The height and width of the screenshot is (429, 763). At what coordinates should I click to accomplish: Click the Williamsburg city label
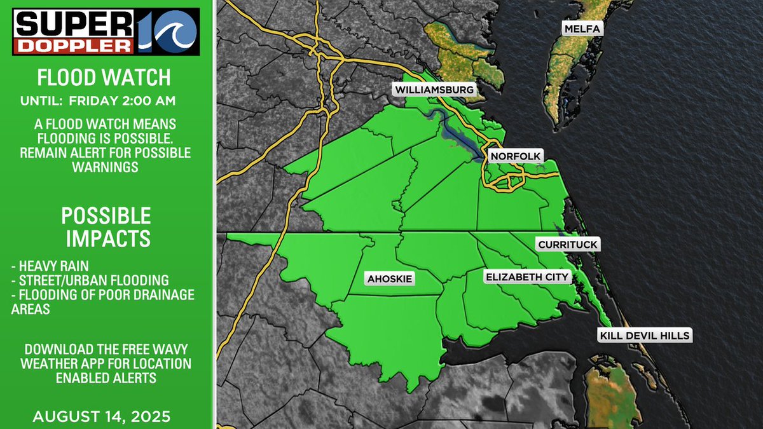tap(434, 90)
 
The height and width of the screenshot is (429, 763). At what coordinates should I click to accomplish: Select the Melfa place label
tap(581, 29)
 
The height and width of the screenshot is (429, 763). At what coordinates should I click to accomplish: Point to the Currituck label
tap(568, 245)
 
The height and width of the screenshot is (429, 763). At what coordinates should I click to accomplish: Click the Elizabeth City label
tap(527, 277)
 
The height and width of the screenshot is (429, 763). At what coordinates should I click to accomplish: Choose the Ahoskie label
tap(390, 278)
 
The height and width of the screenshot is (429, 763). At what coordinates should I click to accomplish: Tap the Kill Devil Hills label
tap(643, 336)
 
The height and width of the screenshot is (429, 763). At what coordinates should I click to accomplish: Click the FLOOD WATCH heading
tap(104, 78)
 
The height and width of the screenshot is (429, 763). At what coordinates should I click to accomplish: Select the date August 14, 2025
tap(102, 417)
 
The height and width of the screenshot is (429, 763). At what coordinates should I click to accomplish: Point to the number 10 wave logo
tap(168, 32)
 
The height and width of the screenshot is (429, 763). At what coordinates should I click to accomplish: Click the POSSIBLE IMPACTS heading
tap(106, 227)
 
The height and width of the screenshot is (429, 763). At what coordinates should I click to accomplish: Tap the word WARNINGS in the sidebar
tap(106, 168)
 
